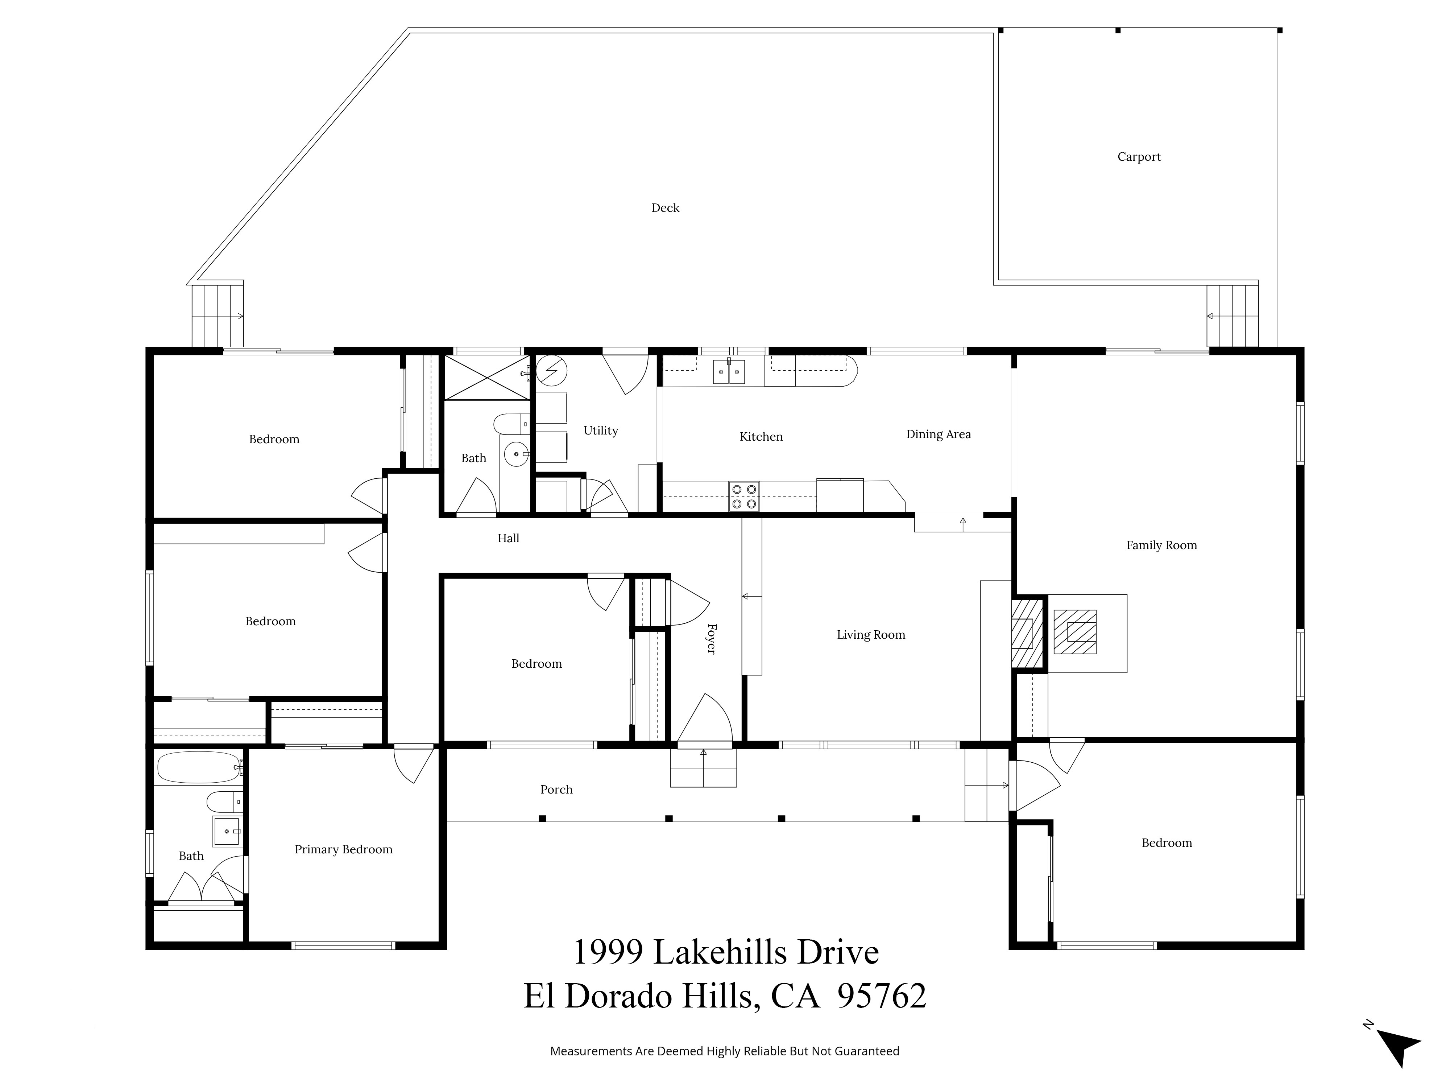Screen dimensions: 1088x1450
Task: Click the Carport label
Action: (1139, 157)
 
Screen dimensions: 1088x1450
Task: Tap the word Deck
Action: (665, 208)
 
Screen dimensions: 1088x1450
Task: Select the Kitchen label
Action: (761, 437)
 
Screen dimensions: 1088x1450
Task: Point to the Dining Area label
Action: (938, 434)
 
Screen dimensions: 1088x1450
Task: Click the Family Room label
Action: (1161, 545)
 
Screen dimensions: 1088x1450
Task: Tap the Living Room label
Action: (870, 635)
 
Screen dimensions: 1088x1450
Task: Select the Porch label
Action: (556, 790)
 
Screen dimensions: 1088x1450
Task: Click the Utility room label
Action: (600, 431)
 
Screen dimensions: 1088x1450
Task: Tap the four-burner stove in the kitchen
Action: (744, 496)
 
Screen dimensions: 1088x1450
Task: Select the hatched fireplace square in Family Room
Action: (1074, 631)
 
